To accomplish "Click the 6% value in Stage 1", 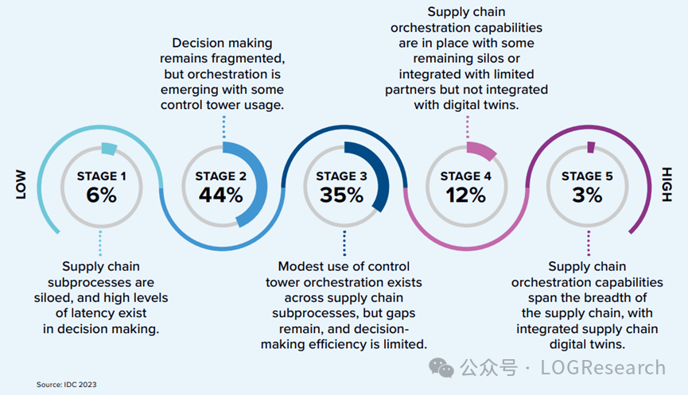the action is point(101,195).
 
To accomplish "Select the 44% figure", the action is point(220,195).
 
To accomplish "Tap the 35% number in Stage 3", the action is point(341,195).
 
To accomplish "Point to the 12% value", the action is point(465,195).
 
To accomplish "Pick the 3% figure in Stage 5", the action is point(587,195).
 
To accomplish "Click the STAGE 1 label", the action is point(101,176).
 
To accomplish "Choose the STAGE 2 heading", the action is point(220,176).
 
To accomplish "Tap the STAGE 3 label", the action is point(341,176).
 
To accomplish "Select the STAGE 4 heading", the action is point(465,176).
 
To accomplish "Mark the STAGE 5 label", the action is point(587,176).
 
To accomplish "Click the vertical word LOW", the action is point(21,184).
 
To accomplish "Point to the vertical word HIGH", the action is point(667,184).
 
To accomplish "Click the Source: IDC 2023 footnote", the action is point(66,385).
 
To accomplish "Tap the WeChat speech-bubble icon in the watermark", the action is point(441,367).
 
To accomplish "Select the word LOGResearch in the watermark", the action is point(603,367).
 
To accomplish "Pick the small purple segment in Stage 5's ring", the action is point(591,147).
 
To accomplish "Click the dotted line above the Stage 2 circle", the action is point(224,127).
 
